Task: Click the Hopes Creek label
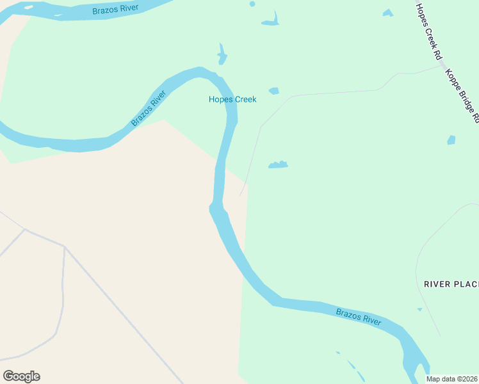[x=232, y=99]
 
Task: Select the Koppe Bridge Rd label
[x=462, y=95]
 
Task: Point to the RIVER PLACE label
[x=451, y=284]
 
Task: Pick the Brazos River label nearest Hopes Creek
[x=149, y=108]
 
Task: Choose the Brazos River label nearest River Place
[x=359, y=316]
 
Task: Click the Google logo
[x=21, y=376]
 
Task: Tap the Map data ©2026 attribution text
[x=452, y=379]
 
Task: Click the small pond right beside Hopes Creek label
[x=274, y=91]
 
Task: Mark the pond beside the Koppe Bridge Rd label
[x=451, y=140]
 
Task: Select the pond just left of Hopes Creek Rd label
[x=387, y=13]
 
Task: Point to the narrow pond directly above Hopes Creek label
[x=222, y=54]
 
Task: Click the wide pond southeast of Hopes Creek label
[x=278, y=165]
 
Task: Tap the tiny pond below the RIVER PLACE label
[x=420, y=309]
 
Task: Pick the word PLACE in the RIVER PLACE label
[x=466, y=284]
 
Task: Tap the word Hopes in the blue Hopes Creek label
[x=220, y=99]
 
